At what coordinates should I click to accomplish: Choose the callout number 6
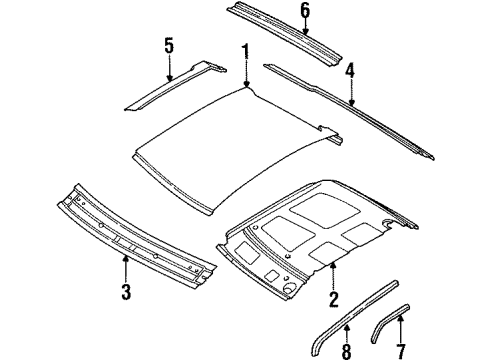pos(306,11)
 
